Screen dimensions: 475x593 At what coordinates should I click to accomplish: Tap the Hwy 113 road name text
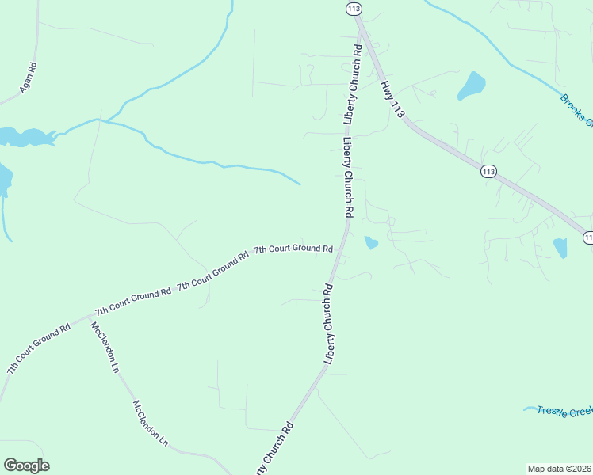(x=392, y=98)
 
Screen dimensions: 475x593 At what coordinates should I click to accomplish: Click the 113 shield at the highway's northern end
(x=354, y=9)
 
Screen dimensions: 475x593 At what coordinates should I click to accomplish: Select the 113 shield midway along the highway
(x=488, y=171)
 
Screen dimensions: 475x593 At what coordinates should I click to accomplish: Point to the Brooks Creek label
(x=576, y=110)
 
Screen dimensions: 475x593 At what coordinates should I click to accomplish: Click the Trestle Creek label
(x=564, y=410)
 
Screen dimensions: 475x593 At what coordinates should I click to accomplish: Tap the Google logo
(x=26, y=465)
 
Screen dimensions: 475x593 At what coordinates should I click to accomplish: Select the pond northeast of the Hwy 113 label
(x=471, y=85)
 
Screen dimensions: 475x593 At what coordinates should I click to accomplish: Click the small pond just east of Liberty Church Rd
(x=370, y=243)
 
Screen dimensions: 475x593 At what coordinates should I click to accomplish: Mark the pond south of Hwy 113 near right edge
(x=560, y=248)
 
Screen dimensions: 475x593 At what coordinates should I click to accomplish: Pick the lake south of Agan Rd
(x=24, y=137)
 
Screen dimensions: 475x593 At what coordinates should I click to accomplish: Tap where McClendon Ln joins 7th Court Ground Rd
(x=90, y=317)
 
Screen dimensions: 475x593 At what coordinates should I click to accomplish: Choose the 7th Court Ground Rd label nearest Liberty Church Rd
(x=293, y=249)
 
